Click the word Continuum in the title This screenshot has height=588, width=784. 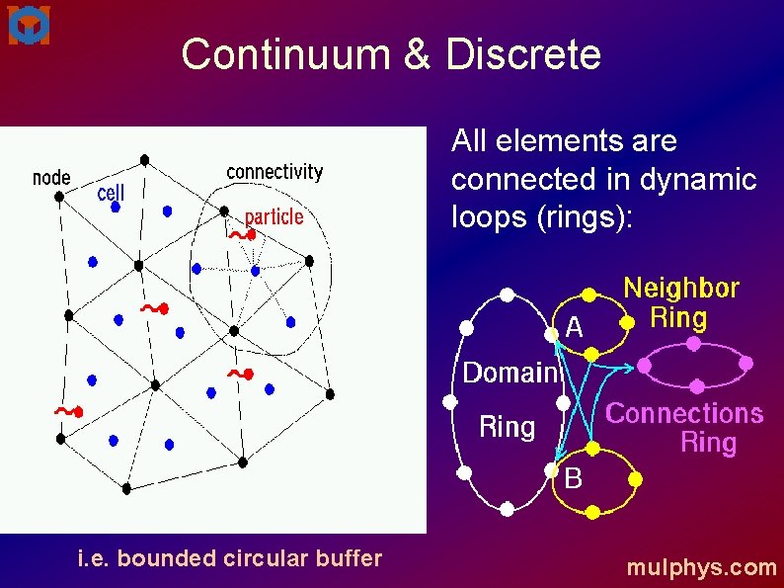287,54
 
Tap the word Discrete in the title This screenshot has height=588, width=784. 523,54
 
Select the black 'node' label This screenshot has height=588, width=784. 51,178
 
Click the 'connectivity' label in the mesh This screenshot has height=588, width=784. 274,172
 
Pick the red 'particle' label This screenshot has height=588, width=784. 274,217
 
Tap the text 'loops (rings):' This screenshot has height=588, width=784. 541,217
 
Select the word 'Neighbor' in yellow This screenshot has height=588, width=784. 681,289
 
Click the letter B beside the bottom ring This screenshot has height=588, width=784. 574,479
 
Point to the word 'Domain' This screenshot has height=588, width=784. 510,373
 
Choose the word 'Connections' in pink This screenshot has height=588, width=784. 684,413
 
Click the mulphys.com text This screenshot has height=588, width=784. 702,567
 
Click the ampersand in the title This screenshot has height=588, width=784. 418,54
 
